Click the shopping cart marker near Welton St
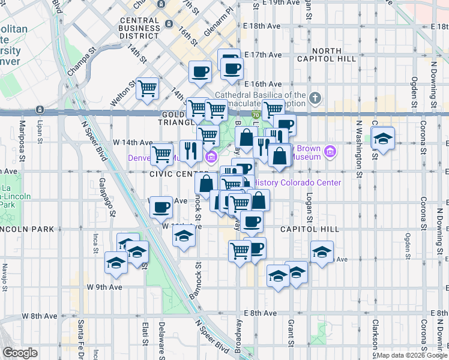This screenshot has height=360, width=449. pyautogui.click(x=147, y=89)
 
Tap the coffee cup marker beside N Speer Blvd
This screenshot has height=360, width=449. pyautogui.click(x=161, y=207)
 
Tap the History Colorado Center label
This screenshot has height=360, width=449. pyautogui.click(x=298, y=182)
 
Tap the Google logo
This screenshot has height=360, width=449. pyautogui.click(x=20, y=352)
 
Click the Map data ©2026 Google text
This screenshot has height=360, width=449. pyautogui.click(x=411, y=355)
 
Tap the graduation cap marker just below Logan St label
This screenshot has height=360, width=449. pyautogui.click(x=322, y=250)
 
